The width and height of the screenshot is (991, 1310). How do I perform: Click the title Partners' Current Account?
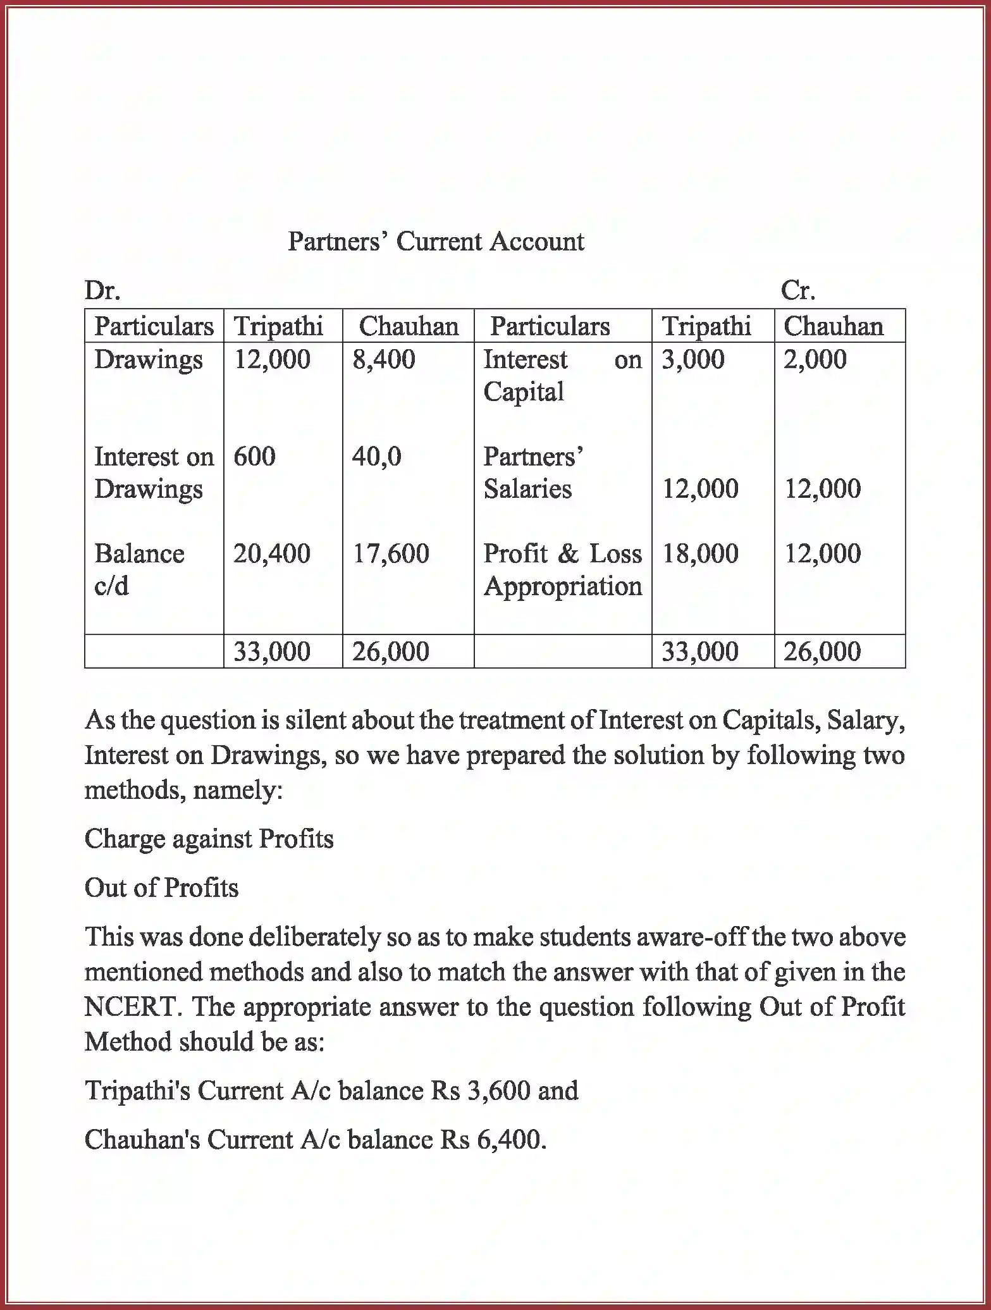[436, 242]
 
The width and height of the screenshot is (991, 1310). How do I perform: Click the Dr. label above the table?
[102, 290]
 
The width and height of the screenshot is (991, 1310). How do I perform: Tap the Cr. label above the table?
[798, 290]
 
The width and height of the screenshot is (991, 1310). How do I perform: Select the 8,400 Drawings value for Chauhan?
[383, 359]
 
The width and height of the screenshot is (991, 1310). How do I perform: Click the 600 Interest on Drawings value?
[254, 456]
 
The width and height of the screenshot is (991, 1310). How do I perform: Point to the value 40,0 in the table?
[376, 456]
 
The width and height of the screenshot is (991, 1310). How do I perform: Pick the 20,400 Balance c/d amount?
[272, 553]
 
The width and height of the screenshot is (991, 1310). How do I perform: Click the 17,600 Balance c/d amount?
[390, 553]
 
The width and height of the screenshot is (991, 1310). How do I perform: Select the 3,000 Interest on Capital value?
[693, 359]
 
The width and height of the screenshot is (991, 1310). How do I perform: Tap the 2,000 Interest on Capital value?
[815, 359]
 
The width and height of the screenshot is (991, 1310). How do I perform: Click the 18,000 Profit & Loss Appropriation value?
[700, 553]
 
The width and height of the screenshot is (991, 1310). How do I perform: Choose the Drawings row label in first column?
[149, 359]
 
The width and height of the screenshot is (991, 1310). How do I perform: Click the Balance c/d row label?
[139, 569]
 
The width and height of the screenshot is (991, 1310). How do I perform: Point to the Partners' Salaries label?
[532, 473]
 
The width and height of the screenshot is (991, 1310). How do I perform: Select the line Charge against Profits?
[209, 839]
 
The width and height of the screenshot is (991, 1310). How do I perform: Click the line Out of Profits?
[161, 887]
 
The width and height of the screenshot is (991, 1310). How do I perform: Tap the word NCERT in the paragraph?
[130, 1006]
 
